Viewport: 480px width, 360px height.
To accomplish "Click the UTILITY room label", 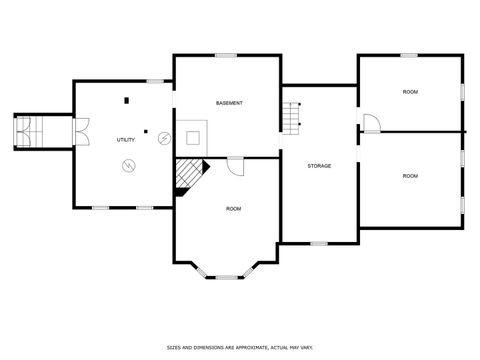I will pyautogui.click(x=126, y=140).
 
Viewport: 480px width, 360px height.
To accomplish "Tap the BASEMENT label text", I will pyautogui.click(x=230, y=103).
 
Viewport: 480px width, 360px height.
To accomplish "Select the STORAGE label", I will pyautogui.click(x=319, y=165).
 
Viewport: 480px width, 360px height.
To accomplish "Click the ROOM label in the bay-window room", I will pyautogui.click(x=233, y=208).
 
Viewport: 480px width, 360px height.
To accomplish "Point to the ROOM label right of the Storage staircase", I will pyautogui.click(x=410, y=92).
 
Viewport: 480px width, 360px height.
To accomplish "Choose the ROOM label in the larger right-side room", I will pyautogui.click(x=410, y=175).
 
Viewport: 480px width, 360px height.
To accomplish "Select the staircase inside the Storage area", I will pyautogui.click(x=291, y=118).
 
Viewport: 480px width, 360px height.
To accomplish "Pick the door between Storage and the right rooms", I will pyautogui.click(x=369, y=123).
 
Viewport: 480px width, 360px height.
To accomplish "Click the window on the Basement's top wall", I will pyautogui.click(x=226, y=55).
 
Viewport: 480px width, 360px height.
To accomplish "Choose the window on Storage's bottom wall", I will pyautogui.click(x=318, y=243).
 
